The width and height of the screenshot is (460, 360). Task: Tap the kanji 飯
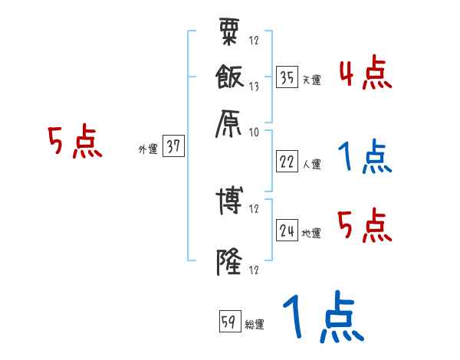(229, 77)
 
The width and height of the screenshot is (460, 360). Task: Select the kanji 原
(229, 122)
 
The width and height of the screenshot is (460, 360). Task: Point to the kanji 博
(229, 201)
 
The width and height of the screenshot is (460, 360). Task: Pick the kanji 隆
(229, 261)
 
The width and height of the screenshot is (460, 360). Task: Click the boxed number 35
(287, 77)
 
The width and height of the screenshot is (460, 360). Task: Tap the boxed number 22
(287, 161)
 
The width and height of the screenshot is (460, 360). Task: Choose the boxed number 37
(173, 148)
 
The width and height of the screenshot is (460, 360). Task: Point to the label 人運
(311, 164)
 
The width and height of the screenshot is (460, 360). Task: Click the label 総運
(255, 325)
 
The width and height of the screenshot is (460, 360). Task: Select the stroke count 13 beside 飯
(255, 87)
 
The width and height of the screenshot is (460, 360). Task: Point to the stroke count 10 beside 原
(255, 132)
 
